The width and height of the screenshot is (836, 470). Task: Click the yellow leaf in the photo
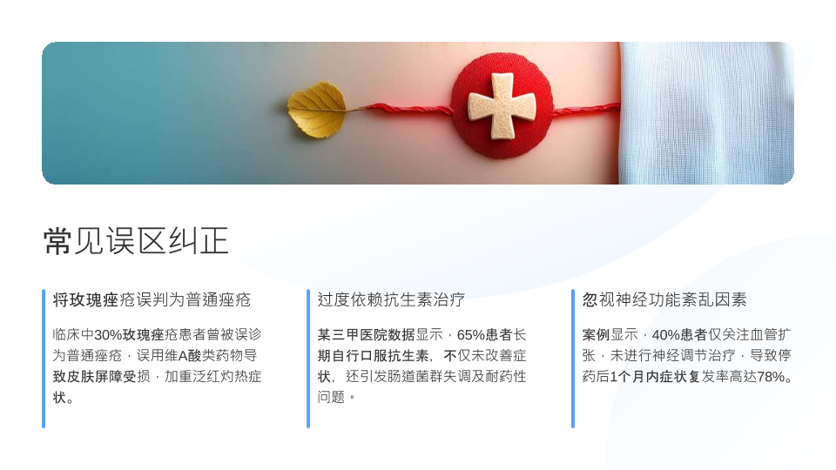317,110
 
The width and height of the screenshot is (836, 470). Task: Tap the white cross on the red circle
502,106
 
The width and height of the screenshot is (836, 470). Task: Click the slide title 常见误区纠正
136,241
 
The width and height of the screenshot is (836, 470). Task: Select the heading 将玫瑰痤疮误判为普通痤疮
152,299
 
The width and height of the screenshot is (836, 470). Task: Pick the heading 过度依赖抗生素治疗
391,299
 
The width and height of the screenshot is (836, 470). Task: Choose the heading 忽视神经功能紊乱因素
664,299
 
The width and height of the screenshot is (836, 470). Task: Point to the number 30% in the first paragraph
108,334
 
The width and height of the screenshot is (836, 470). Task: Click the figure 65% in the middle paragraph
471,334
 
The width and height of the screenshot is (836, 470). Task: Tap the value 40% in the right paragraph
666,334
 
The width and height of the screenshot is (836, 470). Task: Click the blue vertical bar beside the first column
44,359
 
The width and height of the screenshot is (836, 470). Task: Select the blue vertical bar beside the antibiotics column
308,359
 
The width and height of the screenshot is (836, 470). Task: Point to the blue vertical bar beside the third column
573,359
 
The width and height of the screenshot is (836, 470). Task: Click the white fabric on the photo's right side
706,113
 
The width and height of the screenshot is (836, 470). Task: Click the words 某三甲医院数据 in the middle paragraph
367,334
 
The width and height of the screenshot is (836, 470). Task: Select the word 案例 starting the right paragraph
596,334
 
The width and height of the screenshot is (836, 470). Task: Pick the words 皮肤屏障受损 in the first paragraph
101,377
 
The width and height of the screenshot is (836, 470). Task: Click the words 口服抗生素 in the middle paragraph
394,355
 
